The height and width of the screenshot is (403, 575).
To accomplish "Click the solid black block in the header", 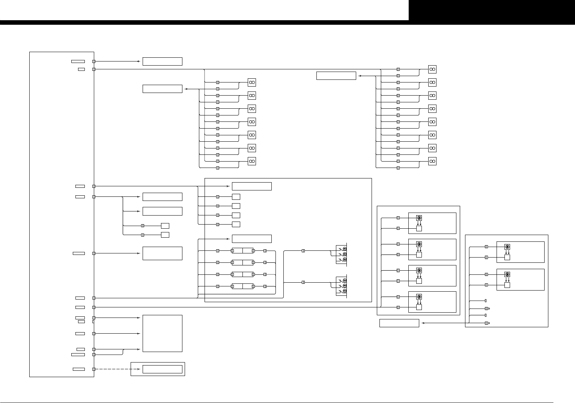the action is pos(492,10).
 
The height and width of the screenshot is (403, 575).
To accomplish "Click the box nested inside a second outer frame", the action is pos(163,369).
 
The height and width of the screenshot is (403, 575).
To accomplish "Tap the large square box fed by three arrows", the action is pos(163,333).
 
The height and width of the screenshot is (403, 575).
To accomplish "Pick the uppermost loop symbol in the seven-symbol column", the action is pos(252,82).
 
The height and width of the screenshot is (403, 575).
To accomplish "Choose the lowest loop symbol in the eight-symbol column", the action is pos(432,161).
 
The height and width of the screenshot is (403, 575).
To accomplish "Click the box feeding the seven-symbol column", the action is pos(163,89).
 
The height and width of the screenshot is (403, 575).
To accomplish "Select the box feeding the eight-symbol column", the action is pos(336,76).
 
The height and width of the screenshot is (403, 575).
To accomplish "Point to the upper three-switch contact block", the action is pos(342,254).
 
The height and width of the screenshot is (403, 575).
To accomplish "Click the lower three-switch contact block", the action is pos(342,286).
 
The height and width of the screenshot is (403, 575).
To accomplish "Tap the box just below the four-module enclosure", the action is pos(399,323).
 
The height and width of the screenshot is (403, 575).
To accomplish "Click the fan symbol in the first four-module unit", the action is pos(419,218).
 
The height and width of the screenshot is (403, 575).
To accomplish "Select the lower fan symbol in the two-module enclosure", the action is pos(507,274).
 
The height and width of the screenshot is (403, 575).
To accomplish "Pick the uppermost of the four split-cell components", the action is pos(242,251).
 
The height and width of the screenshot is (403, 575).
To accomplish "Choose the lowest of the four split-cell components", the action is pos(242,286).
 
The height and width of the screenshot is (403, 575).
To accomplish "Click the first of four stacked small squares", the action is pos(236,197).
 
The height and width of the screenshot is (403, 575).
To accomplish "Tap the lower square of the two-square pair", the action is pos(165,235).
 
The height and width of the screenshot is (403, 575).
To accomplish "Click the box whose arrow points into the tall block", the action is pos(163,61).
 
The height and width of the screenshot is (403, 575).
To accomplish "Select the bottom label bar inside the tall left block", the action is pos(79,369).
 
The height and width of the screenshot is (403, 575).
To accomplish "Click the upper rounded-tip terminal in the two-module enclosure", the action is pos(487,309).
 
